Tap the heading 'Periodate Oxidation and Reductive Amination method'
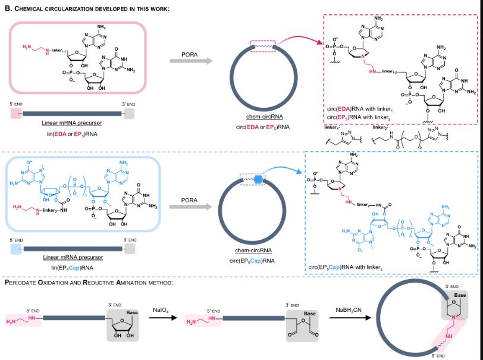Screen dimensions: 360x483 click(x=89, y=281)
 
